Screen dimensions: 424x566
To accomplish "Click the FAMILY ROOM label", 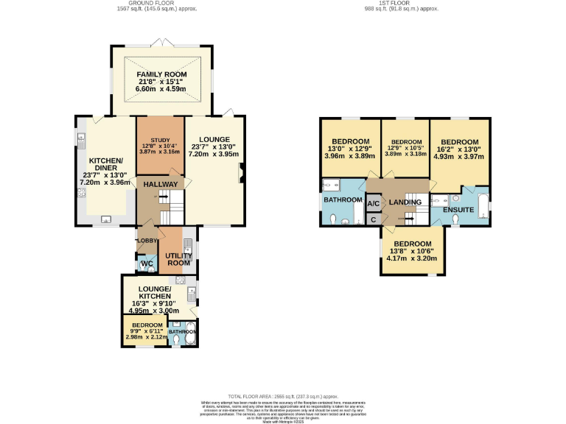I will tap(161, 75).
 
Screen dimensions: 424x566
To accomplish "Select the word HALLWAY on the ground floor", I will tap(160, 184).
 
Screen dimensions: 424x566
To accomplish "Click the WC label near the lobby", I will tap(146, 264).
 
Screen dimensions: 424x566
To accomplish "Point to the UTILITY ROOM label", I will tap(178, 259).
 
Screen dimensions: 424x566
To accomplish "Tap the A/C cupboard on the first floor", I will tap(373, 203).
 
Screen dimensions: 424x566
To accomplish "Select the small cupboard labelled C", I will tap(373, 219).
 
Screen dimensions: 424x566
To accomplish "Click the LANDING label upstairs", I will tap(405, 202).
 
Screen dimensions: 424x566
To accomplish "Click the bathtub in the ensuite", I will tap(483, 206).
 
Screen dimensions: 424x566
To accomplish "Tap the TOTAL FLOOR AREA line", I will tap(283, 396).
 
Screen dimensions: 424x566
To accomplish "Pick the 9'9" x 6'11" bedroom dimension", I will tap(147, 331).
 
